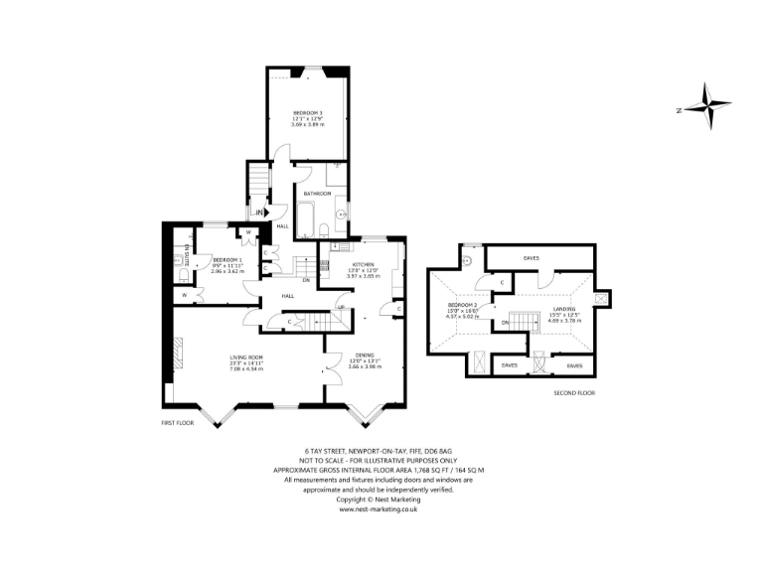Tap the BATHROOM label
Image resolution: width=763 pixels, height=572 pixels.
pos(317,194)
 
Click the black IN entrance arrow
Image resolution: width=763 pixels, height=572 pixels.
pos(259,213)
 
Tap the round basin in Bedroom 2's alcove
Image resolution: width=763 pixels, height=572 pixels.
pos(466,262)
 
